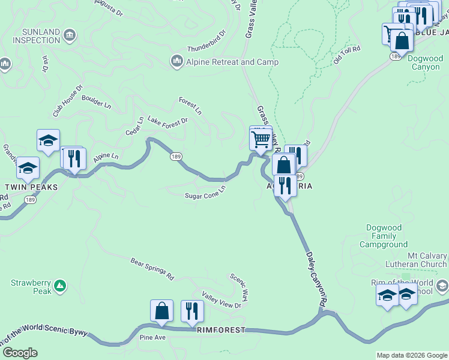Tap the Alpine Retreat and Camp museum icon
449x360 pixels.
(x=176, y=61)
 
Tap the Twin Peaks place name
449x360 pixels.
(x=31, y=187)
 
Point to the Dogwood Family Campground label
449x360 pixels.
(x=384, y=236)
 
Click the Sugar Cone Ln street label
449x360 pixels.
(x=205, y=191)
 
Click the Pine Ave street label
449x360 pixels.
(x=152, y=338)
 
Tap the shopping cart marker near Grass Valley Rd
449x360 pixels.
(x=261, y=139)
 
